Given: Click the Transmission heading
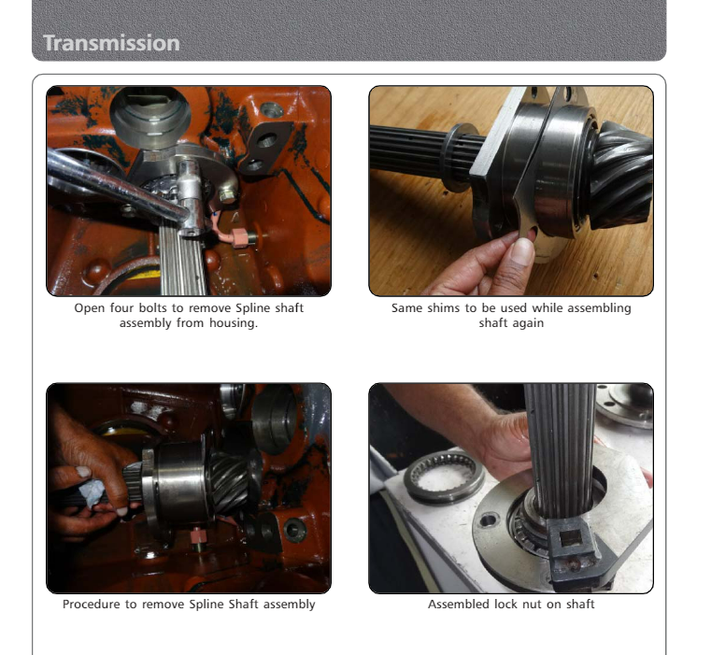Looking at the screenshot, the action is point(111,43).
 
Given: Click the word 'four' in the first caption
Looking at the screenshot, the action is point(121,308).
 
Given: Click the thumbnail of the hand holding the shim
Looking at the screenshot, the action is point(511,191).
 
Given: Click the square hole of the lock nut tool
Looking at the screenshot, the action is point(571,538).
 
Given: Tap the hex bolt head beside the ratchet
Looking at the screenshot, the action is point(227,195).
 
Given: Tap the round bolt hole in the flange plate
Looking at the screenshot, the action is point(488,520).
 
